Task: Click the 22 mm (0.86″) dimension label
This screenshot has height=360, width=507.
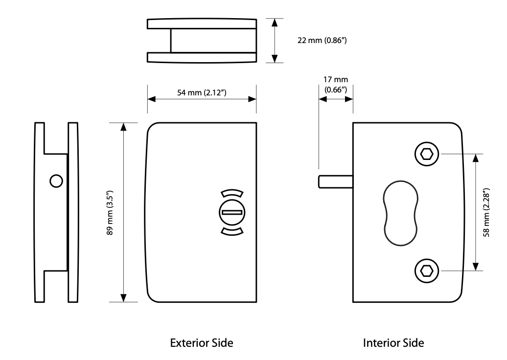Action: [322, 41]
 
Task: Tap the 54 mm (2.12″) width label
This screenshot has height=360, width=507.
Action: [202, 93]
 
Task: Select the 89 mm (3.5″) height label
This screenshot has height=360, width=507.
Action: [110, 213]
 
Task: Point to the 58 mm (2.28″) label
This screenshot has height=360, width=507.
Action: [486, 212]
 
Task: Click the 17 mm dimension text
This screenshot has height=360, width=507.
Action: [336, 80]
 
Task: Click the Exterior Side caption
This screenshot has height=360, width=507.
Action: [202, 343]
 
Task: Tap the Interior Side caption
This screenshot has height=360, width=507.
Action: [393, 343]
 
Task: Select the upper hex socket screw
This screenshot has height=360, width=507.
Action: [426, 154]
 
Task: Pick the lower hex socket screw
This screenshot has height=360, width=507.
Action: [426, 271]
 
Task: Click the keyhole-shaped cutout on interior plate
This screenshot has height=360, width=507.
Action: [401, 213]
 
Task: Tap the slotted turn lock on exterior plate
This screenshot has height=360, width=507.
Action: [232, 212]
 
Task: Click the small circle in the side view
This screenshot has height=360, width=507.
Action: [56, 181]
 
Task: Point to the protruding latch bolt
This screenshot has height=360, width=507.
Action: [336, 181]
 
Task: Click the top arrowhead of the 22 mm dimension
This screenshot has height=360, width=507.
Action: [275, 22]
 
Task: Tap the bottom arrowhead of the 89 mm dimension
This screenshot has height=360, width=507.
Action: [123, 298]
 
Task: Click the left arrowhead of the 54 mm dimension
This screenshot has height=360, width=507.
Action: [151, 99]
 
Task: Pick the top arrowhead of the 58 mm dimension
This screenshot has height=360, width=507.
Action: [475, 158]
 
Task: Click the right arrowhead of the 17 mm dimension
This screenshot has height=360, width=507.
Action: [349, 99]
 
